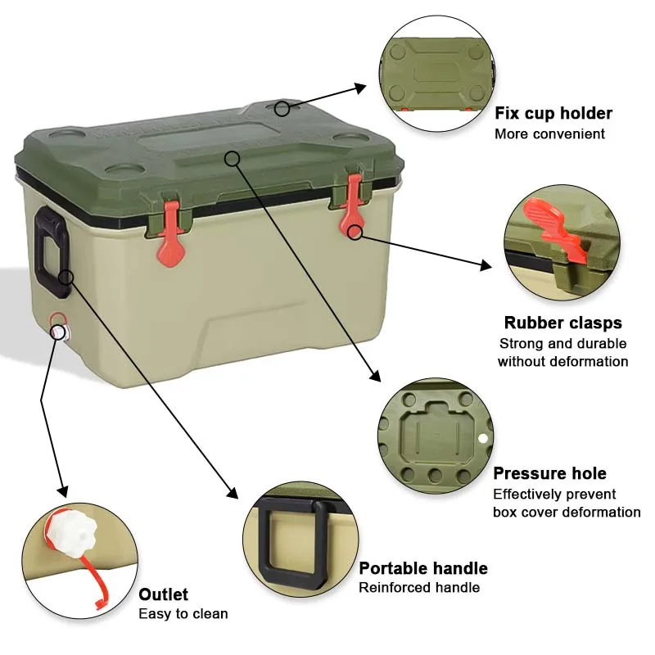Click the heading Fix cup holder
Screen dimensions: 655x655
coord(553,113)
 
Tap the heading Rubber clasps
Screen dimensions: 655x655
coord(562,323)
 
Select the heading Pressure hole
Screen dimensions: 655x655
coord(549,473)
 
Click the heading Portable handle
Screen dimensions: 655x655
coord(423,568)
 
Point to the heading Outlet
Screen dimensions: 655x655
coord(163,594)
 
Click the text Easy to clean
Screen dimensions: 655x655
coord(183,614)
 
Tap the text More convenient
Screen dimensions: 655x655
coord(549,133)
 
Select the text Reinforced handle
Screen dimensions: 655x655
coord(419,587)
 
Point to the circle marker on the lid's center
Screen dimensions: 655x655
coord(233,157)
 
